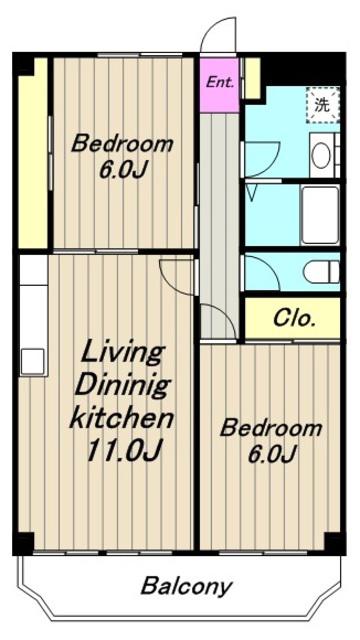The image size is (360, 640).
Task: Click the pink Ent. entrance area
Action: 219,85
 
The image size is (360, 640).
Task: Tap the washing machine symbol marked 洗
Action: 323,105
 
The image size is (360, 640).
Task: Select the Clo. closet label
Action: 294,318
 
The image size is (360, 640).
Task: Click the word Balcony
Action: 187,587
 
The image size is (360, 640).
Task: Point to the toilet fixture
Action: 321,272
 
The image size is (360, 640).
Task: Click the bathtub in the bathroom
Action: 320,215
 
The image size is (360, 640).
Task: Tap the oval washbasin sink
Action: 321,156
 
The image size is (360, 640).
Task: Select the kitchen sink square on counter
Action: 32,361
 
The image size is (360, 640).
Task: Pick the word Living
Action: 122,354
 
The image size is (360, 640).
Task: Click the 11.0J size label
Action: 125,449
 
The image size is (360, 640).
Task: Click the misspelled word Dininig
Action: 122,386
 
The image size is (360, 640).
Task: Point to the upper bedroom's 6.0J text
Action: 122,169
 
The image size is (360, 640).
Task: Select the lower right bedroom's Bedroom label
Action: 271,429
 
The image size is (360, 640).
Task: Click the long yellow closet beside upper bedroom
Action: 33,153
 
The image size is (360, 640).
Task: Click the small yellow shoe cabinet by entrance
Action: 252,78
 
